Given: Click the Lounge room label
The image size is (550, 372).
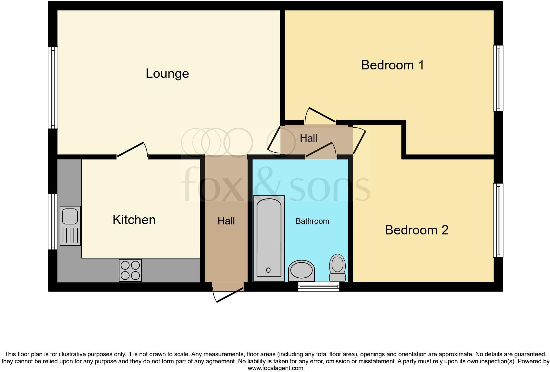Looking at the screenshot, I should pos(167,74).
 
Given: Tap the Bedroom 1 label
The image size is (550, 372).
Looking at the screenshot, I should pos(392,65).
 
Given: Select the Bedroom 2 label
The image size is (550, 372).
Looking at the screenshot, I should pos(416,230).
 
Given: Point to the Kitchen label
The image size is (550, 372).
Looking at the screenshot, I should pos(134,220).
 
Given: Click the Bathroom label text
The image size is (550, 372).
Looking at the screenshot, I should pos(312,221).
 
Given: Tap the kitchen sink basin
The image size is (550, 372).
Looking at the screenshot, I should pos(70,216).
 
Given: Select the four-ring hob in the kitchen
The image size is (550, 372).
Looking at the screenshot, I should pos(130,270).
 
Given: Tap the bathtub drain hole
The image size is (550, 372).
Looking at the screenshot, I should pos(268,270).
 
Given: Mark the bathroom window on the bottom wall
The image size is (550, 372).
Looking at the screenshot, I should pos(319,286).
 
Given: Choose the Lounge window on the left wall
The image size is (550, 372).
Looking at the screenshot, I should pos(53,88).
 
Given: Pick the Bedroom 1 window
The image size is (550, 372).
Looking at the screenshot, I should pos(498,78).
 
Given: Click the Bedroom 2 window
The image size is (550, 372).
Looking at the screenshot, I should pos(498,220).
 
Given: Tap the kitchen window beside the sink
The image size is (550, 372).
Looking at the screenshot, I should pos(53,222).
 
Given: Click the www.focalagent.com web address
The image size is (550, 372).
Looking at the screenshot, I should pos(275,368).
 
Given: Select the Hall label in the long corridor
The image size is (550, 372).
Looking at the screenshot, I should pos(226,221).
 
